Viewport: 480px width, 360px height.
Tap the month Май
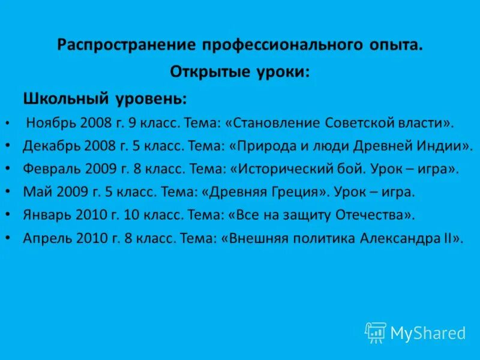pyautogui.click(x=35, y=192)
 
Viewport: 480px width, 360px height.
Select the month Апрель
pyautogui.click(x=47, y=238)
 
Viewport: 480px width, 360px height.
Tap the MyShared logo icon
pyautogui.click(x=376, y=332)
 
